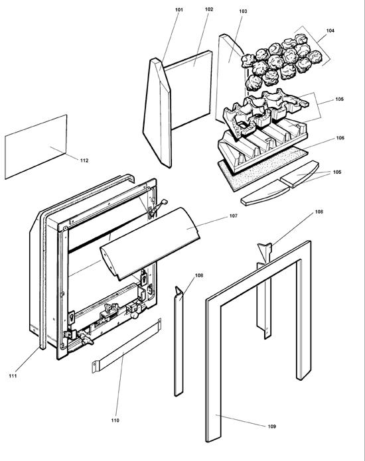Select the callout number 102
coord(208,9)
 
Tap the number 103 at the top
coord(243,12)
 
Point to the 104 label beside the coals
coord(330,31)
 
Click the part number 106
coord(340,139)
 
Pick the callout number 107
coord(233,216)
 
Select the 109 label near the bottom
coord(271,426)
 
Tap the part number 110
coord(115,421)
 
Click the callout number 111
coord(13,377)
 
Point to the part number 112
coord(84,161)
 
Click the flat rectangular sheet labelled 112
coord(36,147)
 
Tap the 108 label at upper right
coord(319,212)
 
